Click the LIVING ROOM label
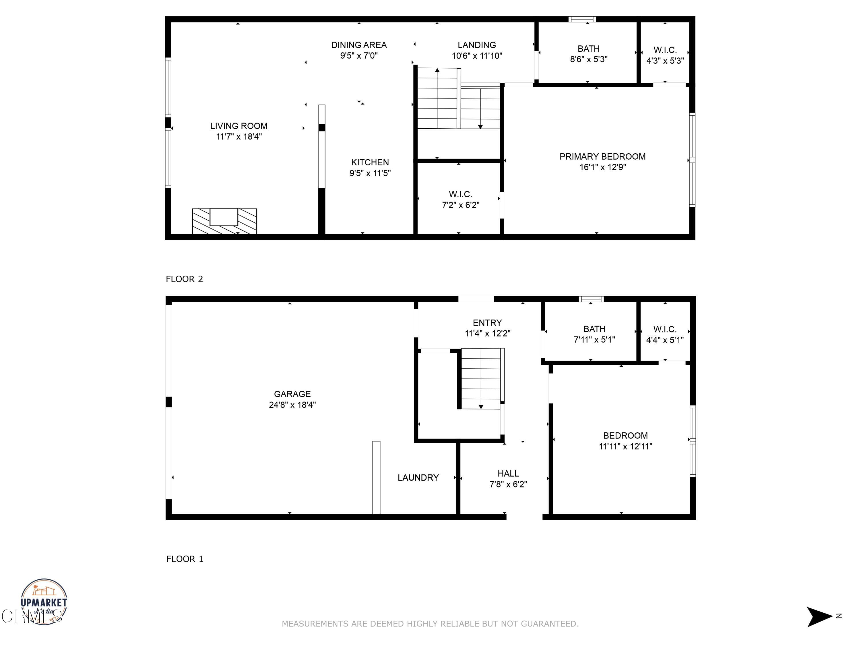(238, 126)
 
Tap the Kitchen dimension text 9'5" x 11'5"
(370, 173)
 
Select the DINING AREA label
(358, 45)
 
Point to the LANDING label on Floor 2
(476, 45)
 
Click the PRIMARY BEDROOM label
(602, 156)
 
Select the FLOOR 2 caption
(185, 279)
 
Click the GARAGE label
(292, 394)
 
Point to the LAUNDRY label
(418, 478)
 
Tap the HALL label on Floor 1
(508, 473)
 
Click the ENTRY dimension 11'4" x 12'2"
(487, 333)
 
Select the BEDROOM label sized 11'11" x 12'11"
(625, 436)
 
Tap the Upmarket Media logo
(44, 601)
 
